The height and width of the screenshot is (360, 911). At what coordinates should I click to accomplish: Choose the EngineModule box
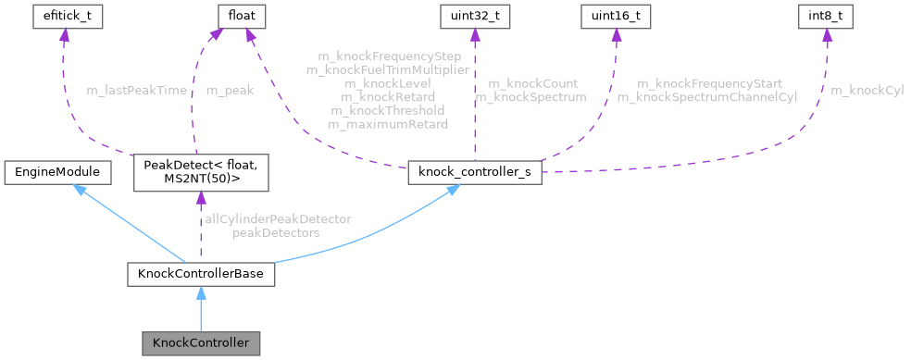tap(57, 171)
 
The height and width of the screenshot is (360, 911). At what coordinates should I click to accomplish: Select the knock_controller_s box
tap(473, 171)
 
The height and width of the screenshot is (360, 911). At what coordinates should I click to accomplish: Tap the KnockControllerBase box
tap(200, 274)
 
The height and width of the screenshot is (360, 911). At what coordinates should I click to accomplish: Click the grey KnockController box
tap(200, 342)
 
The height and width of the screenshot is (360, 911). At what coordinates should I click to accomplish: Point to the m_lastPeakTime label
tap(136, 91)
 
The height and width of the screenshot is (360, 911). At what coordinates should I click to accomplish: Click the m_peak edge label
tap(228, 91)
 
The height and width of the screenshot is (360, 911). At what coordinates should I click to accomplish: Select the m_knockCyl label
tap(867, 91)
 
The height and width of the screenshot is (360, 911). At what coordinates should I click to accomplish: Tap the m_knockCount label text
tap(532, 83)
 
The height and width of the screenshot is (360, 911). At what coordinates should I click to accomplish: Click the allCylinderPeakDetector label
tap(278, 220)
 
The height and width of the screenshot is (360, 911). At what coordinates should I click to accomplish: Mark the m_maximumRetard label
tap(388, 123)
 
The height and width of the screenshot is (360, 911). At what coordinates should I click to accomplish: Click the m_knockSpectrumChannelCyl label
tap(706, 96)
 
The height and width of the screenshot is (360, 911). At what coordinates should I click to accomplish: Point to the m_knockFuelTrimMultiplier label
tap(388, 70)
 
